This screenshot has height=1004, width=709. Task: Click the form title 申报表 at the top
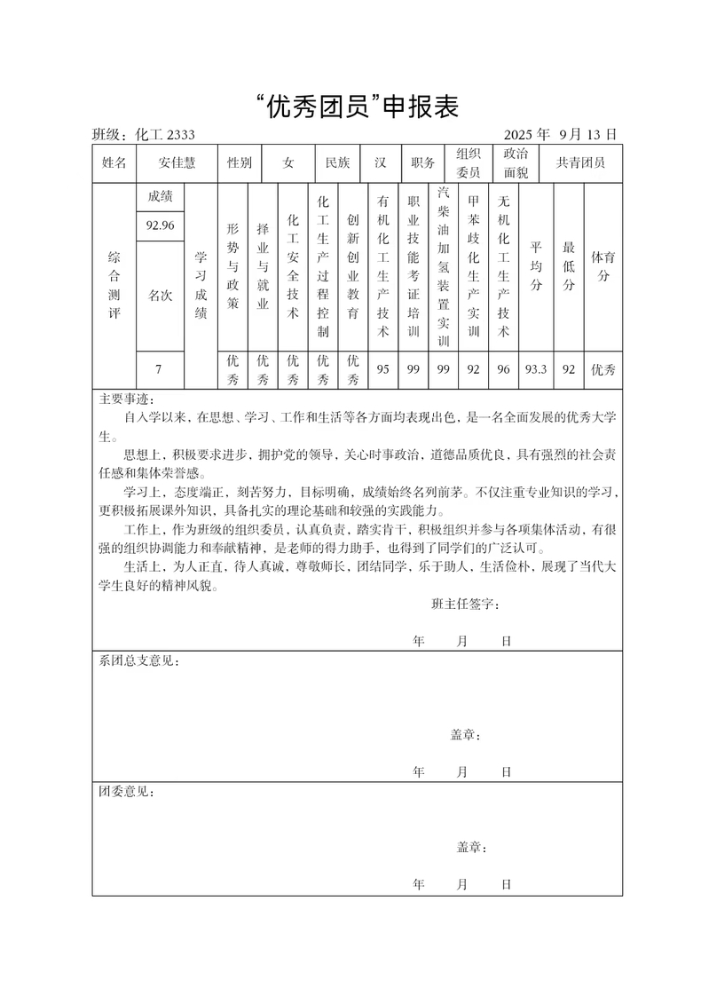pos(355,107)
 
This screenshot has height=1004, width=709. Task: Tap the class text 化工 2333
pos(165,135)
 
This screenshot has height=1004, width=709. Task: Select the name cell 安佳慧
pos(177,163)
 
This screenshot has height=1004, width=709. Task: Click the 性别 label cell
pos(240,163)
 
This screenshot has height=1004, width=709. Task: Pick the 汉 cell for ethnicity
pos(380,163)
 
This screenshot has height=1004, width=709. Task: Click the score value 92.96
pos(160,225)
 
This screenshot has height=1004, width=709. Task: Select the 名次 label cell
pos(160,296)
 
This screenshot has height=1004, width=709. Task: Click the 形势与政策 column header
pos(232,266)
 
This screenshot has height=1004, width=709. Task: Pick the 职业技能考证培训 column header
pos(413,266)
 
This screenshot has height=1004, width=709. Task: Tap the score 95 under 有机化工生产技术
pos(383,369)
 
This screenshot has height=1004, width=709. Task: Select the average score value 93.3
pos(536,369)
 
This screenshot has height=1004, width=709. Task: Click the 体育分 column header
pos(603,266)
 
